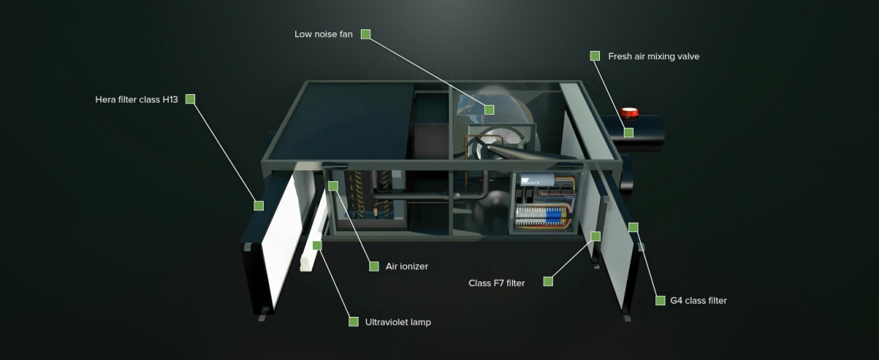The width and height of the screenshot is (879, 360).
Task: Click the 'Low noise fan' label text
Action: tap(323, 35)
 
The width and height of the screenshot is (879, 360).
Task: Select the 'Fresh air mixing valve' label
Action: tap(653, 56)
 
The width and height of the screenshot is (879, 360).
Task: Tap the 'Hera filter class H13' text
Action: tap(136, 99)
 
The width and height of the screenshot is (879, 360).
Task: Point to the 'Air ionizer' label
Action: tap(407, 267)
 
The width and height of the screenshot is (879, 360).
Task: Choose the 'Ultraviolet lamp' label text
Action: tap(398, 322)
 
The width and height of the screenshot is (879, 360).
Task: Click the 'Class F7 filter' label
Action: tap(497, 283)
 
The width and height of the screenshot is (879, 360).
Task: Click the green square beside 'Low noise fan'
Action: tap(365, 34)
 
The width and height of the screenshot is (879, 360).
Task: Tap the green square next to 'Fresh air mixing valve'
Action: tap(594, 56)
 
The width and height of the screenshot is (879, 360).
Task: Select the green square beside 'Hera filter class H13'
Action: tap(190, 99)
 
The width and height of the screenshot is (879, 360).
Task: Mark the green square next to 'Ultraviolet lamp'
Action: tap(353, 321)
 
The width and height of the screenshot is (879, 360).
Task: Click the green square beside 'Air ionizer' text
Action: tap(373, 266)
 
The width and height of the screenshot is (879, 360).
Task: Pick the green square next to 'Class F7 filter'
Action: tap(547, 281)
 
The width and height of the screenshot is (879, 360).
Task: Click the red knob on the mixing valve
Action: tap(631, 113)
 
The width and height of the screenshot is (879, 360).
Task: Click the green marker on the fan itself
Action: tap(489, 109)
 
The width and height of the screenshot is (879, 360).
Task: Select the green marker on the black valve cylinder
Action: tap(628, 133)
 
